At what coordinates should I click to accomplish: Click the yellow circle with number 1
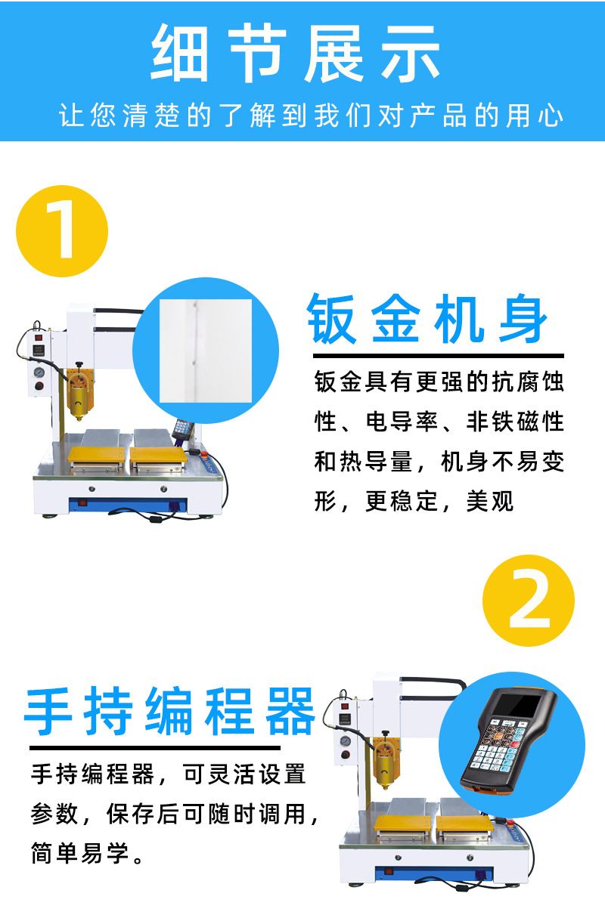62,231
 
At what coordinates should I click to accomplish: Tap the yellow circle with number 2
529,601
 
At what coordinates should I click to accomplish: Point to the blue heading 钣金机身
427,318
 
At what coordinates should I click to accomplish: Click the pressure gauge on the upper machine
39,372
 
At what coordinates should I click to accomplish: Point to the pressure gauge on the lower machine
346,741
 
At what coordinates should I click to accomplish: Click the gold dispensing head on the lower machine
386,762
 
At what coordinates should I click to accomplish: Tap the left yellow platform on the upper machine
96,454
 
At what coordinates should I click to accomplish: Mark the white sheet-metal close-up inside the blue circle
206,351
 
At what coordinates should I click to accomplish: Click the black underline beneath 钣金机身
439,356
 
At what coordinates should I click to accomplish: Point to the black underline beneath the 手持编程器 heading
154,748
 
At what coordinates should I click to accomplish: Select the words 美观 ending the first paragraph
490,501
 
